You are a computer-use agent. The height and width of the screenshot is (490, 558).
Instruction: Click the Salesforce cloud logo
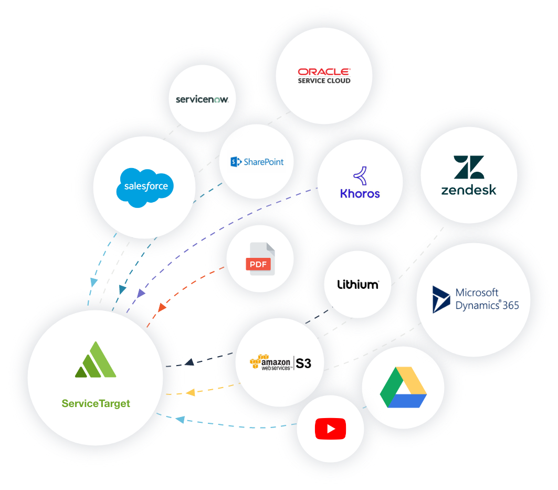click(x=145, y=187)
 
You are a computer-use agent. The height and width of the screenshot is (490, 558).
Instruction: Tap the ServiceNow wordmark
click(x=202, y=99)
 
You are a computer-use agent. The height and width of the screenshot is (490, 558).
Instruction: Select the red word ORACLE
click(x=324, y=71)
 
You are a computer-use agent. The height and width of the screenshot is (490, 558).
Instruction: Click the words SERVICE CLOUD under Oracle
click(x=324, y=81)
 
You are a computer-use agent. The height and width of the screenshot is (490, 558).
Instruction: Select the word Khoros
click(x=360, y=194)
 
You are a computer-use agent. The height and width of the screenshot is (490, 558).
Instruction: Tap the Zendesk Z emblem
click(x=469, y=167)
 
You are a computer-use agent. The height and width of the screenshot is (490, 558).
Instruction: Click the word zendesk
click(x=469, y=190)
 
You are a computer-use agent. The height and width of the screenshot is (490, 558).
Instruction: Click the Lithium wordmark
click(x=357, y=285)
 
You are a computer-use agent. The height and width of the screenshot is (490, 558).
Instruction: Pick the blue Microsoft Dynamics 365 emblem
click(x=441, y=299)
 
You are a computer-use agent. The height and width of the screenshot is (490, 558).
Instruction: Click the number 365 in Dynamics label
click(x=510, y=305)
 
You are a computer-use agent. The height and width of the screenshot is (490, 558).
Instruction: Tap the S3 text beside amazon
click(x=303, y=363)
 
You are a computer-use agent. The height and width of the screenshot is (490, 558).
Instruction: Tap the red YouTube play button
click(x=330, y=429)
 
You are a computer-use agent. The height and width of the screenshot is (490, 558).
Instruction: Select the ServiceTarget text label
click(x=96, y=403)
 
